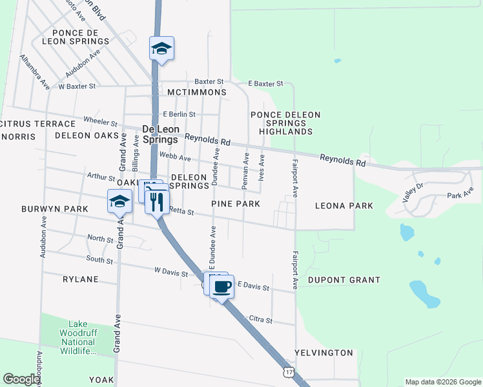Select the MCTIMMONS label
pyautogui.click(x=196, y=92)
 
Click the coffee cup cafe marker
pyautogui.click(x=221, y=286)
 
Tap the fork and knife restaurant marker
pyautogui.click(x=156, y=202)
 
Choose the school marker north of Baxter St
pyautogui.click(x=161, y=49)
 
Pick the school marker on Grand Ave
pyautogui.click(x=119, y=202)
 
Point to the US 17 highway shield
pyautogui.click(x=289, y=372)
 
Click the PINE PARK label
pyautogui.click(x=236, y=204)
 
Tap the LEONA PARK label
pyautogui.click(x=344, y=206)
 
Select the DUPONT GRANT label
pyautogui.click(x=344, y=280)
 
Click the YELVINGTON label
pyautogui.click(x=324, y=353)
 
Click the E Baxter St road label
pyautogui.click(x=266, y=84)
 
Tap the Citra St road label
pyautogui.click(x=260, y=320)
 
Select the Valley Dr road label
pyautogui.click(x=412, y=192)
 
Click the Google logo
pyautogui.click(x=22, y=379)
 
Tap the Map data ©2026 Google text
pyautogui.click(x=442, y=382)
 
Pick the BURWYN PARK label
pyautogui.click(x=54, y=209)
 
